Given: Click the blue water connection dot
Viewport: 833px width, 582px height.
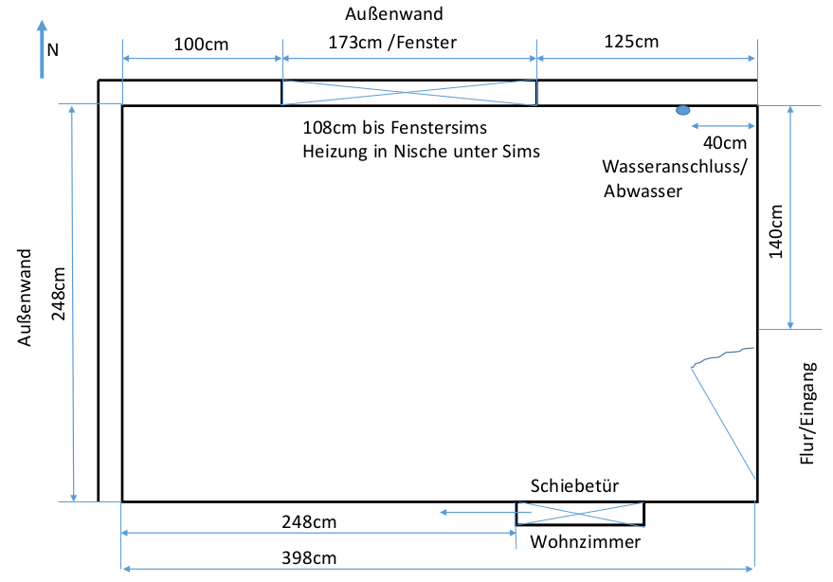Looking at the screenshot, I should point(682,111).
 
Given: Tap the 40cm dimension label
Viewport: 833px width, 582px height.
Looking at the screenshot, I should point(726,143).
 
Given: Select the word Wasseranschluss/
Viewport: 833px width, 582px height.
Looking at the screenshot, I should point(675,166).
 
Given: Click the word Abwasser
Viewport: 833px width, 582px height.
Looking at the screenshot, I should point(643,191).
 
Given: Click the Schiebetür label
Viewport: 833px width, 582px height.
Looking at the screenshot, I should point(575,486).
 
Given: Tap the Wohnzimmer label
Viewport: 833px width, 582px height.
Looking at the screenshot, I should point(586,542).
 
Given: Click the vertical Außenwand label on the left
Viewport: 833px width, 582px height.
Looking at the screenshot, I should point(26,298).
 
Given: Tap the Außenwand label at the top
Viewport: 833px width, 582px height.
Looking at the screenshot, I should point(408,14).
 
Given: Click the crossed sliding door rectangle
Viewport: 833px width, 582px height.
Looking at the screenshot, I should point(580,513).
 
